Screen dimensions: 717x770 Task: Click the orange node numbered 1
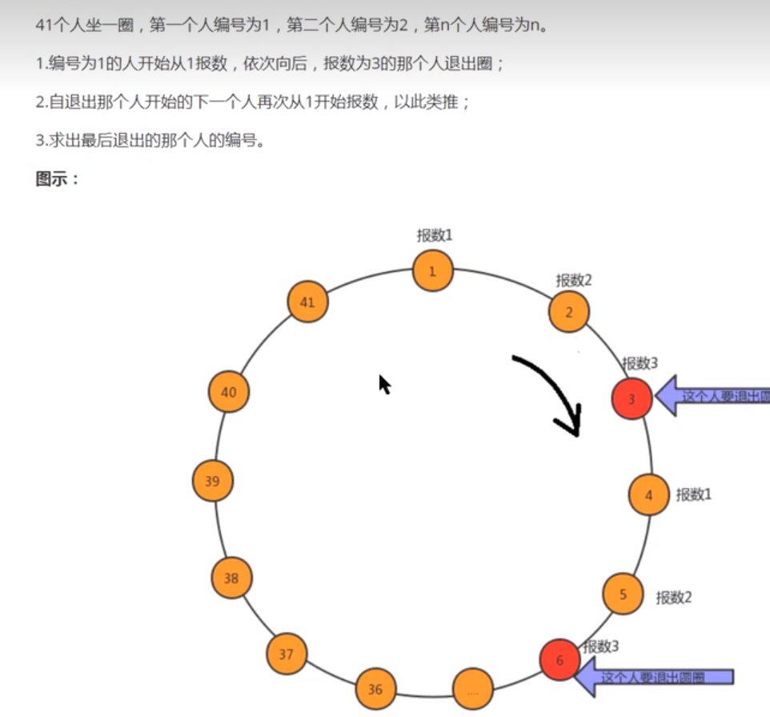click(433, 271)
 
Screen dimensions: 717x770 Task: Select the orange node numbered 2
click(569, 312)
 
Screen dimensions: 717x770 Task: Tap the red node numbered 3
click(632, 399)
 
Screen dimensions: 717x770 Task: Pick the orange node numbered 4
click(649, 495)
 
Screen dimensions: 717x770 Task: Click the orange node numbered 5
click(623, 595)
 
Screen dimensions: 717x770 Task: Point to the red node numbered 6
click(559, 660)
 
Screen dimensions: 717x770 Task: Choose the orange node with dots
click(472, 689)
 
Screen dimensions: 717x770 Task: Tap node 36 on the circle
click(375, 689)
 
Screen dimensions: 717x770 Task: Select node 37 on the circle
click(287, 654)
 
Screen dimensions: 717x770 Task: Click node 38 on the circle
click(231, 578)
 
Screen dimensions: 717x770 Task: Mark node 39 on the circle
click(212, 482)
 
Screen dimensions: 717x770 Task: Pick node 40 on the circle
click(229, 392)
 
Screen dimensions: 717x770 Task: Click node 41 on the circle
click(307, 302)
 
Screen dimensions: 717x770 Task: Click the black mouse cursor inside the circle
click(385, 385)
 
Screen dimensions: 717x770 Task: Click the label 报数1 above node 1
click(435, 235)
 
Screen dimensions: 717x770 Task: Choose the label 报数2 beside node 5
click(674, 597)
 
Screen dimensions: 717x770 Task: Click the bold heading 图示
click(58, 179)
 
